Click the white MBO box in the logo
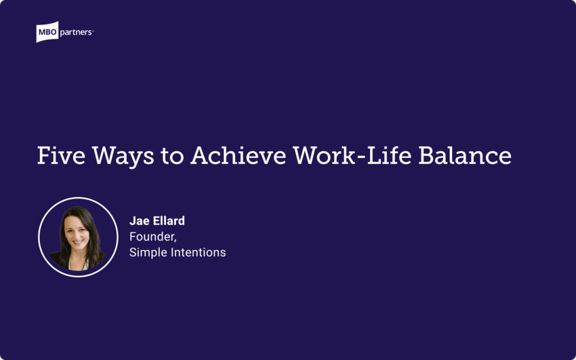click(48, 32)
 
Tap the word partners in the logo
click(77, 31)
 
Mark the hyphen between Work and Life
click(359, 158)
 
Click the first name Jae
click(140, 221)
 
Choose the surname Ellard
click(169, 221)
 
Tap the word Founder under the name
click(152, 237)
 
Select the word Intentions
click(197, 252)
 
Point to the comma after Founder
click(176, 241)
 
